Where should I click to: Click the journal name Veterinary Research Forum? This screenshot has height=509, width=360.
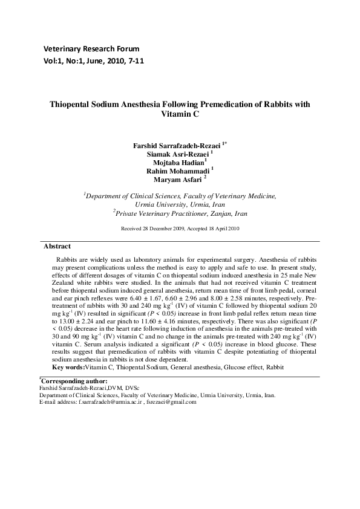pyautogui.click(x=91, y=48)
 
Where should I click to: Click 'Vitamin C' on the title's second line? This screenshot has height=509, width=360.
pyautogui.click(x=180, y=114)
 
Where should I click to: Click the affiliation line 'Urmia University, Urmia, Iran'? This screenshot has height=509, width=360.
pyautogui.click(x=179, y=204)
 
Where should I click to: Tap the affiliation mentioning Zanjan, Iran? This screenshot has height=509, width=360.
pyautogui.click(x=179, y=213)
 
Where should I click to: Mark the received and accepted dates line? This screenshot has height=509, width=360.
pyautogui.click(x=180, y=229)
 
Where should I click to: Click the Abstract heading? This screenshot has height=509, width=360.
pyautogui.click(x=57, y=246)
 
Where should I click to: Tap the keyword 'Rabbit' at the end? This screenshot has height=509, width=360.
pyautogui.click(x=273, y=367)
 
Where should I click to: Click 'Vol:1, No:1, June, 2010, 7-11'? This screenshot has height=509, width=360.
pyautogui.click(x=94, y=61)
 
